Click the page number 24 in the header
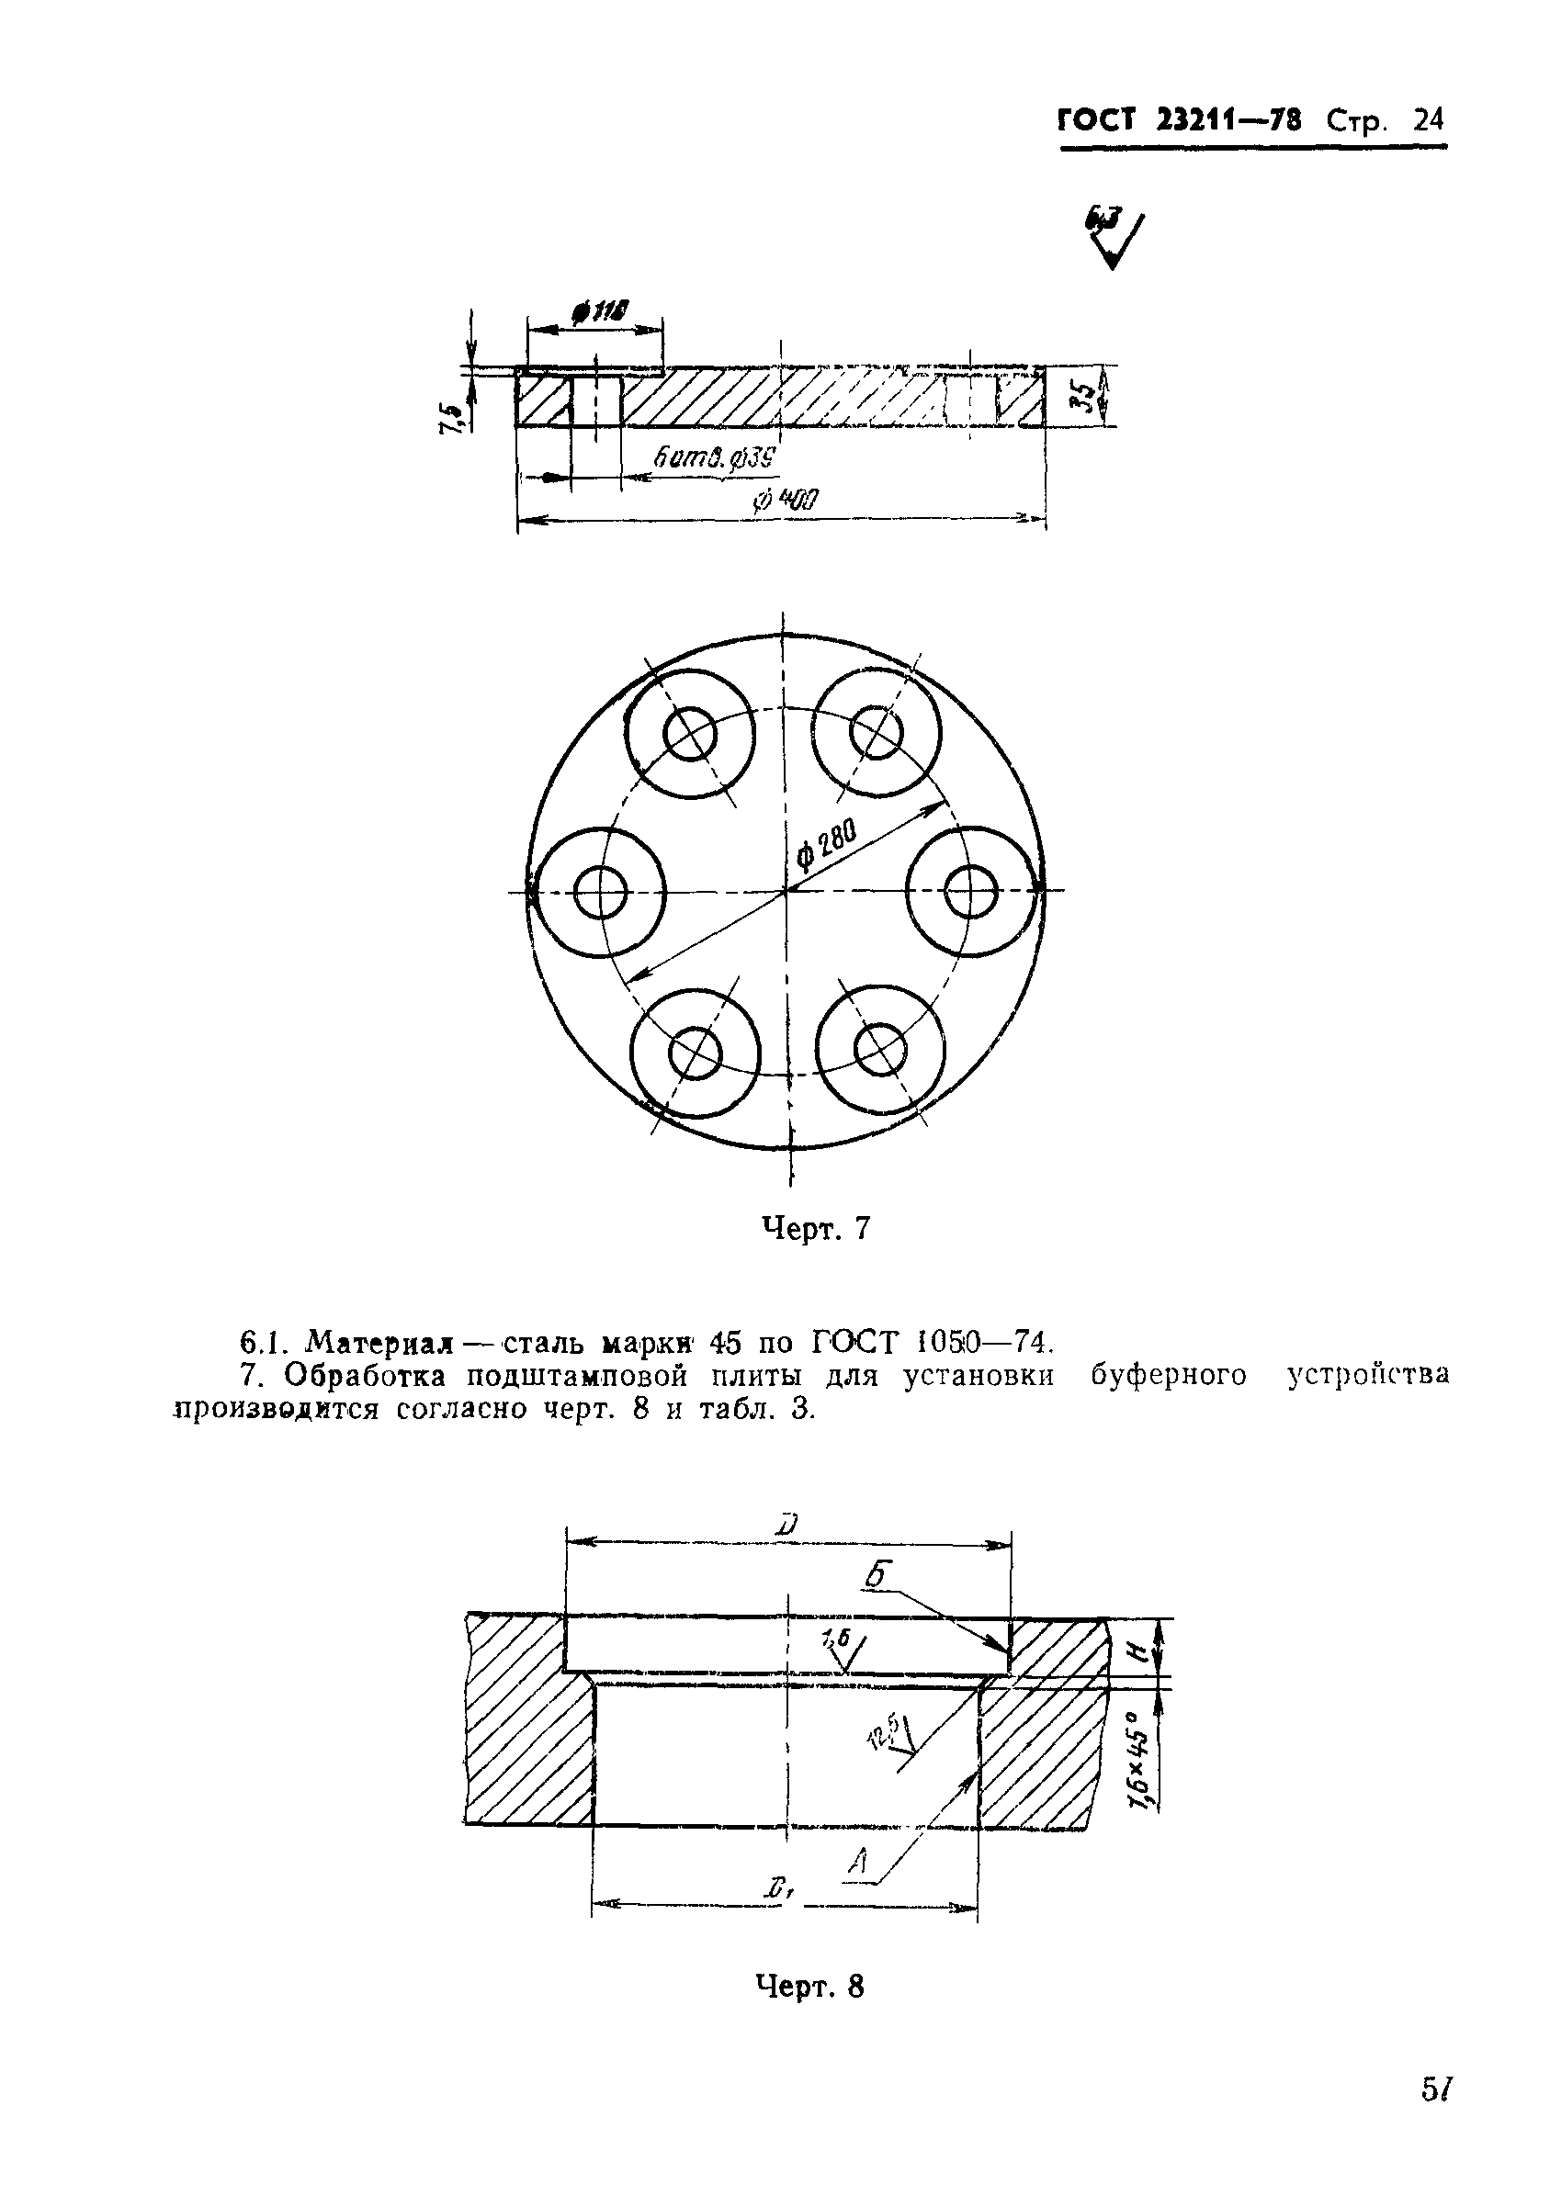tap(1427, 120)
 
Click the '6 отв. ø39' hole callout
tap(714, 459)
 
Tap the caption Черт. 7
tap(816, 1228)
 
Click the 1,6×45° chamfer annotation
tap(1141, 1762)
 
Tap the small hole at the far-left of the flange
tap(600, 893)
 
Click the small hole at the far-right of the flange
tap(970, 892)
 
